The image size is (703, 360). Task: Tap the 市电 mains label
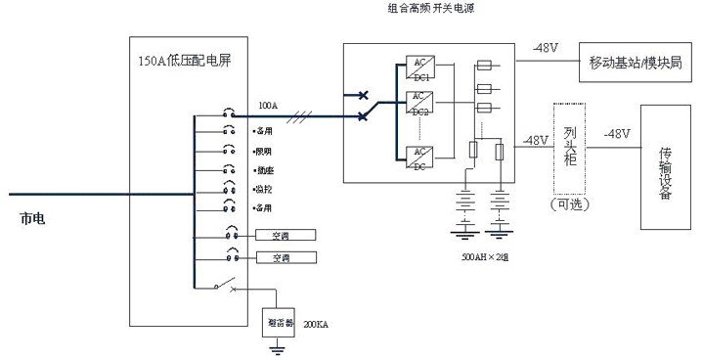(31, 219)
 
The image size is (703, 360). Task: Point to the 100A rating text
(268, 103)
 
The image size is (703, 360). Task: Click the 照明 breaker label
(261, 152)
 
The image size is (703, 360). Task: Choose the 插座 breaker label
(261, 170)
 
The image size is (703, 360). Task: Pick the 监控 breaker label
(261, 189)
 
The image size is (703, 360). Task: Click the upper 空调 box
(281, 236)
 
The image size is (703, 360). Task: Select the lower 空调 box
(281, 258)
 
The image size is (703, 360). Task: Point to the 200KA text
(315, 323)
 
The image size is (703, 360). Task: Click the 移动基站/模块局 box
(635, 63)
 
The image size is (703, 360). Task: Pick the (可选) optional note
(570, 204)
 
